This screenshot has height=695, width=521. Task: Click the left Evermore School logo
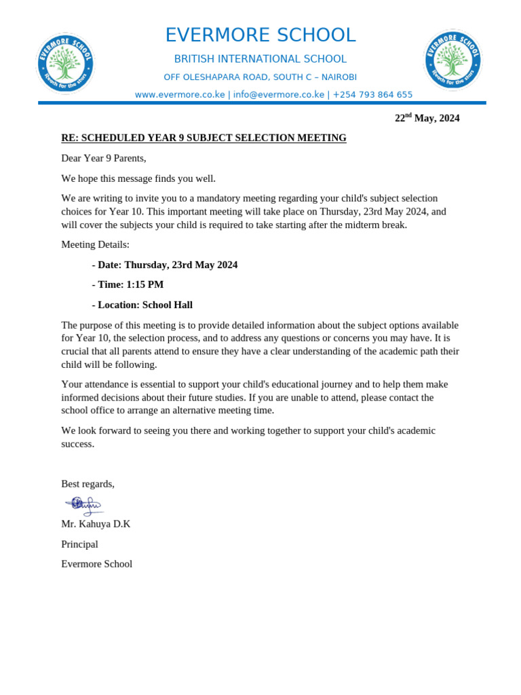coord(65,63)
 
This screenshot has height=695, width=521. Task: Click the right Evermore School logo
coord(452,60)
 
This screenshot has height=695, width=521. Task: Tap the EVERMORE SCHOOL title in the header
coord(260,35)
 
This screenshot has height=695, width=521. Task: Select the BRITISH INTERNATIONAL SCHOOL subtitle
coord(260,59)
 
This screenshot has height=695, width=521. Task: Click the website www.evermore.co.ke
coord(180,94)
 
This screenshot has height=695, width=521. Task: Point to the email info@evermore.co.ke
coord(279,94)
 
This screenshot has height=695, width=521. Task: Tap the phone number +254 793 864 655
coord(372,94)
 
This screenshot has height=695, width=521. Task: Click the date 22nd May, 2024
coord(427,118)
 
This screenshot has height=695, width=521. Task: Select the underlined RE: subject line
coord(204,138)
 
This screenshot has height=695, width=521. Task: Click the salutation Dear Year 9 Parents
coord(104,158)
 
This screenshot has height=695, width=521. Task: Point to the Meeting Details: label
coord(96,244)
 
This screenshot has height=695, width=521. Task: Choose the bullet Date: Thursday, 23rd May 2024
coord(165,265)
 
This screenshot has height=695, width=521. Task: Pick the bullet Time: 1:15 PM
coord(128,284)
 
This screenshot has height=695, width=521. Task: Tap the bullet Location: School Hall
coord(142,305)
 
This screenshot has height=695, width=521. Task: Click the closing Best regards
coord(88,484)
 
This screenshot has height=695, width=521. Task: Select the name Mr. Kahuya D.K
coord(96,524)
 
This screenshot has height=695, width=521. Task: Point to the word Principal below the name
coord(79,544)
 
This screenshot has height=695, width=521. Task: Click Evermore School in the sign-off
coord(96,564)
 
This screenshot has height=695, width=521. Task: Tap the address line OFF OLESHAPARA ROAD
coord(260,77)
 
